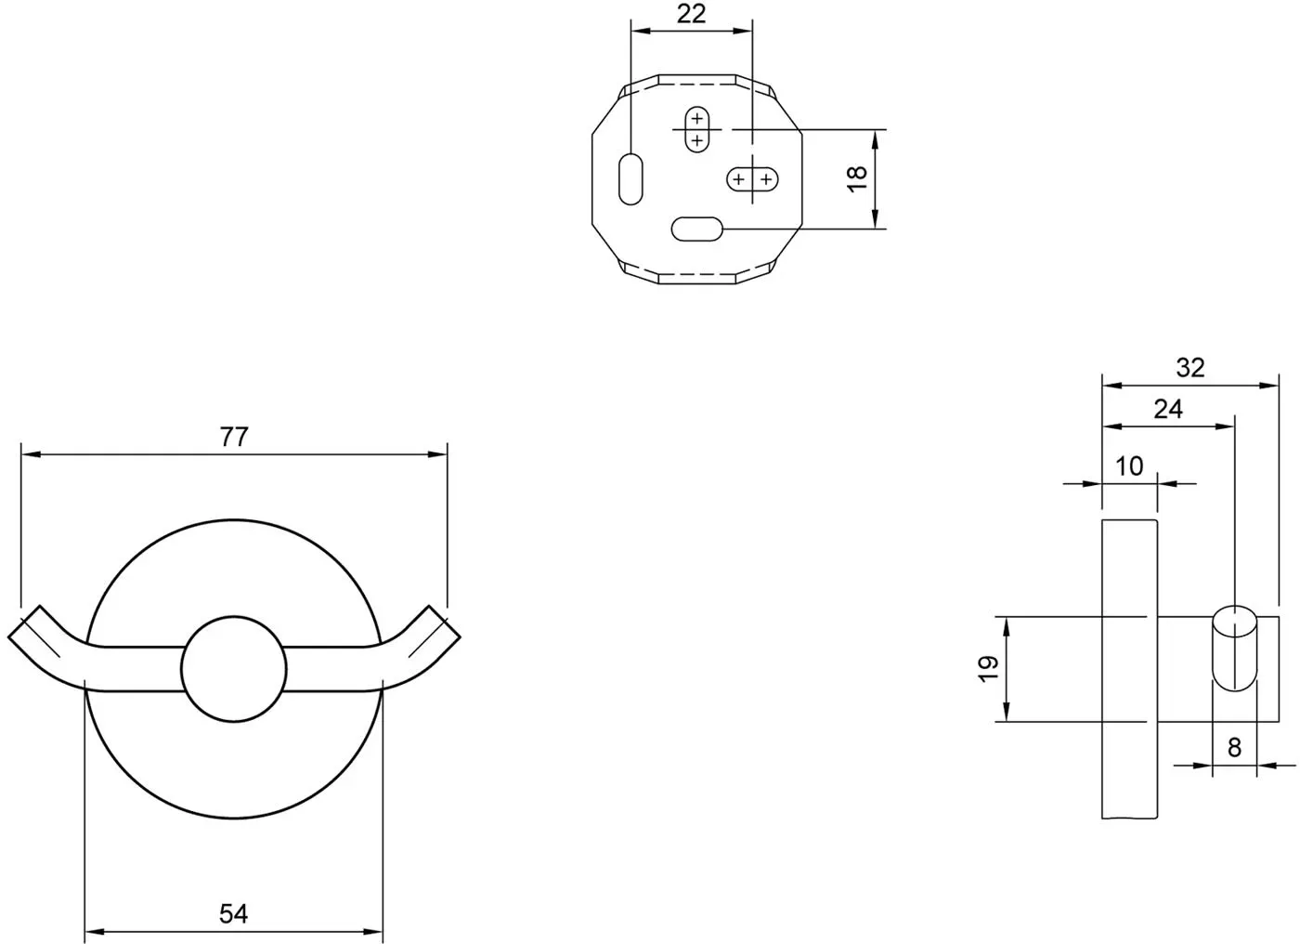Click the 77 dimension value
[x=234, y=437]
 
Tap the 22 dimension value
[x=691, y=14]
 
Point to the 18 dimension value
[x=857, y=178]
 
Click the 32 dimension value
[x=1190, y=368]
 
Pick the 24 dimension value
[x=1168, y=410]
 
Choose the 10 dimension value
[x=1129, y=466]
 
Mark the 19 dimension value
[x=988, y=669]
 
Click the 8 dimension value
[x=1234, y=748]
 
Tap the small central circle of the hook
[x=234, y=669]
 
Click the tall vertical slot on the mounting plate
[x=630, y=178]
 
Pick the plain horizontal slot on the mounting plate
[x=697, y=229]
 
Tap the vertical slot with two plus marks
[x=697, y=129]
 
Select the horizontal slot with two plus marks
[x=752, y=179]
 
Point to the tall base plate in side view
[x=1129, y=669]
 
